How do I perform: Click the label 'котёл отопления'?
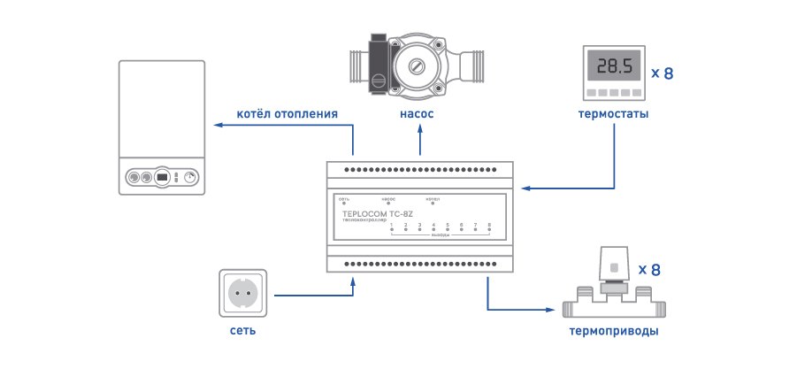tap(287, 113)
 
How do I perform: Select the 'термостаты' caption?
tap(613, 115)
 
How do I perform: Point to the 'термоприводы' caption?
tap(613, 332)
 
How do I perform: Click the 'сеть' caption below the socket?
tap(241, 331)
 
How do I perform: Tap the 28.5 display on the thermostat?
tap(613, 67)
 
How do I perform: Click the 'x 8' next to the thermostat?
tap(663, 73)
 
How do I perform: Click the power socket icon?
tap(241, 293)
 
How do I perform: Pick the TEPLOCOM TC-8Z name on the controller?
tap(377, 213)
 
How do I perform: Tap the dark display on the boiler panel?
tap(162, 177)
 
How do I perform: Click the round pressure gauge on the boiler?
tap(189, 177)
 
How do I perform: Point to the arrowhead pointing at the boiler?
tap(213, 126)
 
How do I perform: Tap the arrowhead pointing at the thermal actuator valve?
tap(555, 309)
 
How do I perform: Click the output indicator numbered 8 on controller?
tap(489, 230)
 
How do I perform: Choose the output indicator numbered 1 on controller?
tap(392, 230)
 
